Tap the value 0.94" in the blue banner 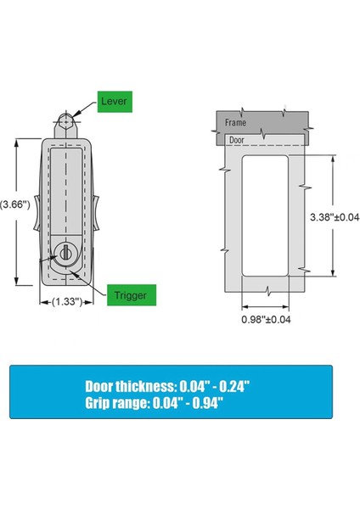231,403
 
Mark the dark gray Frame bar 263,121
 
